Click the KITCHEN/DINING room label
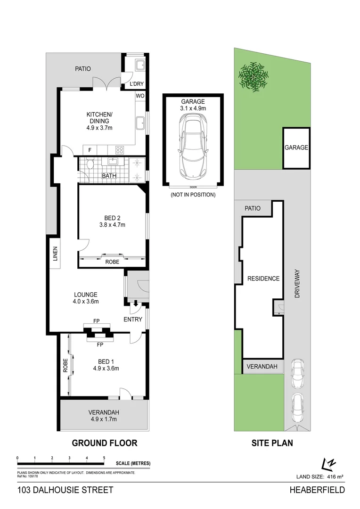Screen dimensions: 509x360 point(99,118)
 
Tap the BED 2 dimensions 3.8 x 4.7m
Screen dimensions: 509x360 point(112,225)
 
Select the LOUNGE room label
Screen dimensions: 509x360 point(85,295)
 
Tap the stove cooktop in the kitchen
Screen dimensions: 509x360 point(119,150)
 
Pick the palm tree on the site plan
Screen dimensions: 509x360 point(254,75)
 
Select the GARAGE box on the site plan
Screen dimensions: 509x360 point(296,148)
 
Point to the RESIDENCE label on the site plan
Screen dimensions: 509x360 point(263,279)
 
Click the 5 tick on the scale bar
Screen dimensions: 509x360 point(104,458)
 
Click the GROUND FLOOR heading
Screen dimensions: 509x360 point(104,443)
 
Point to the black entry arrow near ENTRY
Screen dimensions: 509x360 point(136,304)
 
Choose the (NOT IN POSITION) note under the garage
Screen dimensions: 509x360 point(193,195)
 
